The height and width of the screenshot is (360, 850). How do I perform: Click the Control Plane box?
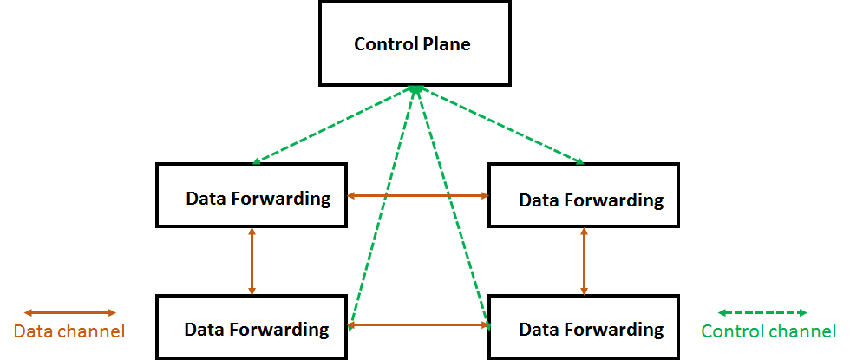pyautogui.click(x=412, y=43)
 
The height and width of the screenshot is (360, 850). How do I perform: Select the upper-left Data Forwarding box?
pyautogui.click(x=252, y=195)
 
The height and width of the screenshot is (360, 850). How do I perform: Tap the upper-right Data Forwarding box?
pyautogui.click(x=583, y=195)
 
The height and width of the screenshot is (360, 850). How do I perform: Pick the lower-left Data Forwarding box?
pyautogui.click(x=252, y=326)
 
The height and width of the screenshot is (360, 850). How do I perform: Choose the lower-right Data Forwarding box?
pyautogui.click(x=583, y=326)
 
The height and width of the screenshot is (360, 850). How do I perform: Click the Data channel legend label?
pyautogui.click(x=69, y=331)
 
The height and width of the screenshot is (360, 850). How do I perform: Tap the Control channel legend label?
pyautogui.click(x=768, y=331)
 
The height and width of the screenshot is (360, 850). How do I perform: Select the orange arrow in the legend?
pyautogui.click(x=69, y=312)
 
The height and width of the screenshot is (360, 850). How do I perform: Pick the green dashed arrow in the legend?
pyautogui.click(x=763, y=312)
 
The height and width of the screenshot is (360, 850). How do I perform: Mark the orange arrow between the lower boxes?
pyautogui.click(x=418, y=326)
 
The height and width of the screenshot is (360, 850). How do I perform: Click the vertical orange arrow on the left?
pyautogui.click(x=252, y=261)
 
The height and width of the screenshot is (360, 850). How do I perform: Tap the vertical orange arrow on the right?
pyautogui.click(x=584, y=261)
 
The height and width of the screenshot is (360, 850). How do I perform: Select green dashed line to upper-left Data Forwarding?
pyautogui.click(x=334, y=126)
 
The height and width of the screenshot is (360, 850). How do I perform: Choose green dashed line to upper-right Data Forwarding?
pyautogui.click(x=500, y=126)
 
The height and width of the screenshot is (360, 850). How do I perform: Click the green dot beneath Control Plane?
pyautogui.click(x=416, y=89)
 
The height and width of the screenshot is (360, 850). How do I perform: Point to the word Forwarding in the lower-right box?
pyautogui.click(x=613, y=331)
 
